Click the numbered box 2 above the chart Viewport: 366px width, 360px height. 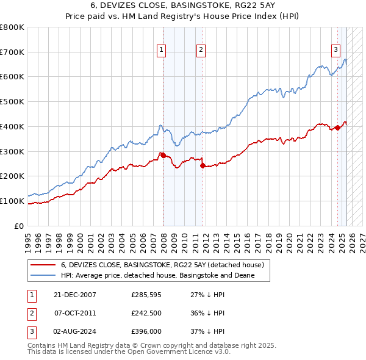[x=201, y=51]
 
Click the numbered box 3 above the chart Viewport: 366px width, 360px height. [x=335, y=51]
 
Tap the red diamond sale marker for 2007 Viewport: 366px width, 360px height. [x=163, y=155]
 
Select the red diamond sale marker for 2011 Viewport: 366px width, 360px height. [x=203, y=165]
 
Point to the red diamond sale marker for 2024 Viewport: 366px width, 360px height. [x=337, y=128]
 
